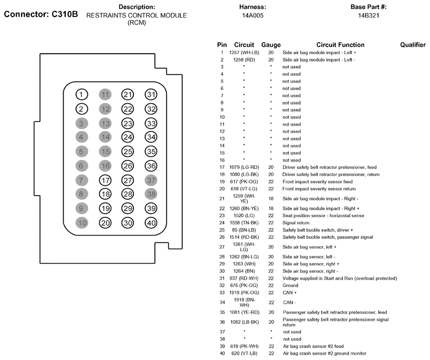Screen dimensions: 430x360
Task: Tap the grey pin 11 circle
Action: pos(105,95)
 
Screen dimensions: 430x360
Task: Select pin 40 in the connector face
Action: pos(151,223)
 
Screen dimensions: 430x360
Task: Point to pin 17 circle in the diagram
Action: pos(105,180)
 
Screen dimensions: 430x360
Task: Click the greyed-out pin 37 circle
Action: pos(151,180)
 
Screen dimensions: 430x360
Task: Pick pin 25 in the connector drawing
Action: pos(128,151)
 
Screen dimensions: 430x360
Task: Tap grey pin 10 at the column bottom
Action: pos(82,223)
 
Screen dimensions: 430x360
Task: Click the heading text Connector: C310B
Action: pos(41,14)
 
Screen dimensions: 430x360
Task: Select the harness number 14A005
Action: pos(252,16)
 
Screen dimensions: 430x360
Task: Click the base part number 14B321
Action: pos(368,16)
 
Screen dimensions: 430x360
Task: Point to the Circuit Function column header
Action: pos(341,45)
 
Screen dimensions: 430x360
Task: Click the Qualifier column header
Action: pos(413,45)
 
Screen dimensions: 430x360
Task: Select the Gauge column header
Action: pos(271,45)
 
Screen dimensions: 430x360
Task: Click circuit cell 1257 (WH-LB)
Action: pos(244,53)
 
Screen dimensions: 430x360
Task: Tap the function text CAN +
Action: pos(290,293)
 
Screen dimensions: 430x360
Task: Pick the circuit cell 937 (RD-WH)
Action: pos(244,279)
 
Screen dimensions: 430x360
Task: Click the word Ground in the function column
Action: pos(290,286)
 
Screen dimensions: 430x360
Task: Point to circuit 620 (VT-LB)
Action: pos(244,353)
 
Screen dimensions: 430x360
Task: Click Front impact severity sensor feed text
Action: pos(317,182)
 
